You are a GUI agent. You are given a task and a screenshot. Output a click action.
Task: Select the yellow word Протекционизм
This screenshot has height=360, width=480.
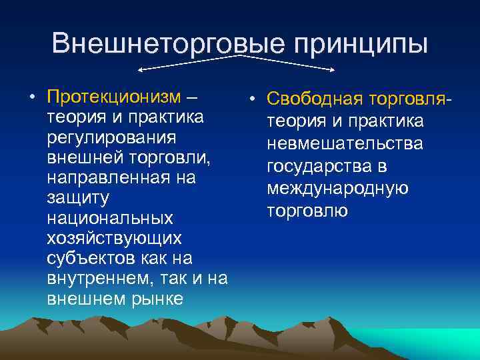pyautogui.click(x=114, y=97)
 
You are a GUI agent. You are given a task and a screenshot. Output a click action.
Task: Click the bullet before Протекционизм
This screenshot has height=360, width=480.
pyautogui.click(x=32, y=97)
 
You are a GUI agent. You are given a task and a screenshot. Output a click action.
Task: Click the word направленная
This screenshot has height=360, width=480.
pyautogui.click(x=103, y=178)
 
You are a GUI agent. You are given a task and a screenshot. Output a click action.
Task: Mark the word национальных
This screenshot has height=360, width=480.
pyautogui.click(x=110, y=218)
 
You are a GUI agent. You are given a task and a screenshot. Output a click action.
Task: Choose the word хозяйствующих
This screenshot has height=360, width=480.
pyautogui.click(x=113, y=238)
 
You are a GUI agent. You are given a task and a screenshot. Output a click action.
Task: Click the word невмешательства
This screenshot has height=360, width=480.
pyautogui.click(x=345, y=143)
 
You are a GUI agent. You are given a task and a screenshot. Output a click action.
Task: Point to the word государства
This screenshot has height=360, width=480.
pyautogui.click(x=320, y=166)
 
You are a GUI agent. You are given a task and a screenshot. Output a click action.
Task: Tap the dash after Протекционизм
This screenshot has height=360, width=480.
pyautogui.click(x=191, y=97)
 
